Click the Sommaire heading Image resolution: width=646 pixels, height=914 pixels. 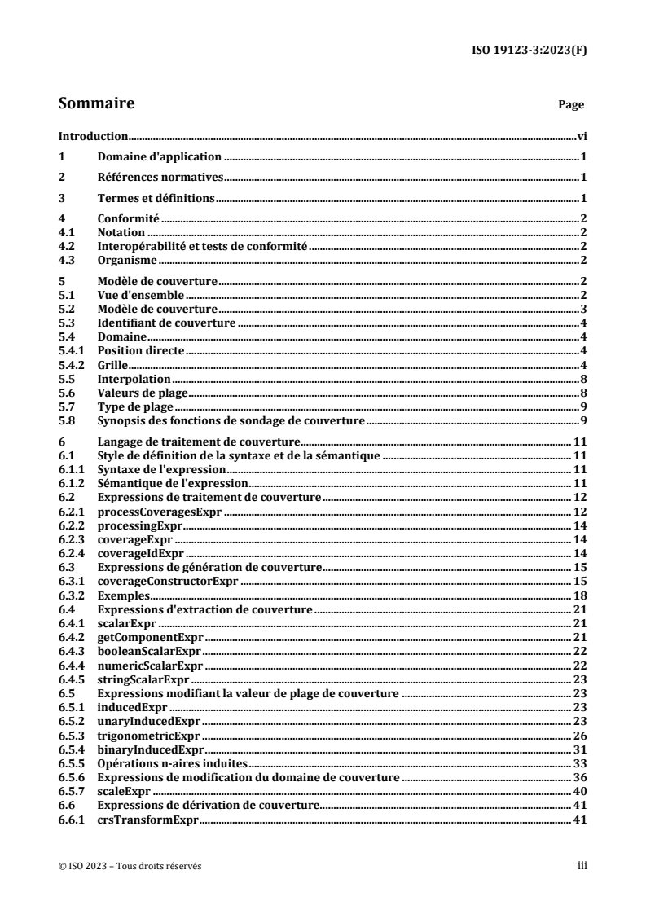click(x=97, y=103)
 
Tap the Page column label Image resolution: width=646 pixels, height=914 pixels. click(x=570, y=105)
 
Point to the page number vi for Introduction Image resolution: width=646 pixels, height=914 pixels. click(x=582, y=137)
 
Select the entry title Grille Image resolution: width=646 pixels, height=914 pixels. click(x=112, y=363)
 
